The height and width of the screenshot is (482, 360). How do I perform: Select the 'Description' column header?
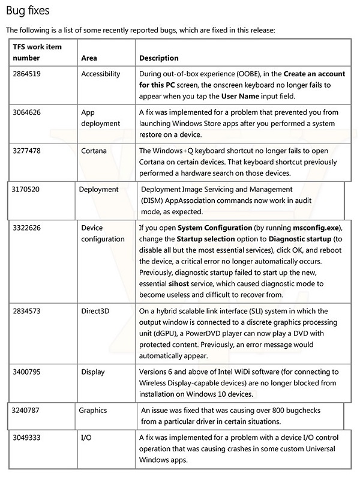coord(158,58)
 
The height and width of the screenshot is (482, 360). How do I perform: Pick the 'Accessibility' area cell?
coord(100,74)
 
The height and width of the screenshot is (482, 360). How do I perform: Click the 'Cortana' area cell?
coord(94,151)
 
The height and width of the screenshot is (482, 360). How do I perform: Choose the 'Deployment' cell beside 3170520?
coord(99,190)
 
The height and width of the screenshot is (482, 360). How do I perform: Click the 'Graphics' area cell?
coord(93,411)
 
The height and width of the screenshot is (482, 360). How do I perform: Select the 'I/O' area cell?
coord(86,438)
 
